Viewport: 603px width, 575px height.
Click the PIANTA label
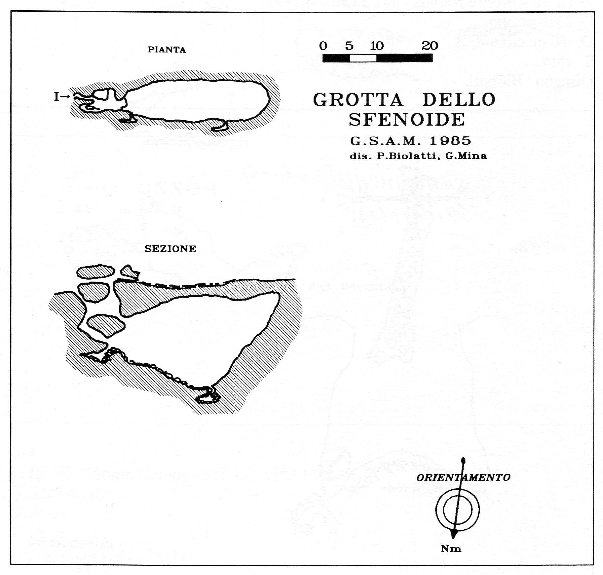pyautogui.click(x=167, y=50)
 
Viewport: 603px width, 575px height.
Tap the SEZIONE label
pyautogui.click(x=170, y=249)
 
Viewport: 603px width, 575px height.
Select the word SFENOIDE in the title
pyautogui.click(x=407, y=120)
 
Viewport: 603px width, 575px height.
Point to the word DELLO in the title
pyautogui.click(x=459, y=100)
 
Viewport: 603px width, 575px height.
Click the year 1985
pyautogui.click(x=451, y=141)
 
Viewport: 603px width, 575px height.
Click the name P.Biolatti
pyautogui.click(x=408, y=156)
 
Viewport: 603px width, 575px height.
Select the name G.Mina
pyautogui.click(x=466, y=156)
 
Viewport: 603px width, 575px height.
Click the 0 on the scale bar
pyautogui.click(x=323, y=46)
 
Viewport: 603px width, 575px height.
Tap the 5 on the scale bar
pyautogui.click(x=349, y=46)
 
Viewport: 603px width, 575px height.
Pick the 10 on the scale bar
pyautogui.click(x=377, y=46)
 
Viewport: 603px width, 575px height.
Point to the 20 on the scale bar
pyautogui.click(x=430, y=46)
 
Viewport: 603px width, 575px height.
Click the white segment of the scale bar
pyautogui.click(x=363, y=58)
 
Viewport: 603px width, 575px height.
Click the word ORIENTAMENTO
pyautogui.click(x=463, y=477)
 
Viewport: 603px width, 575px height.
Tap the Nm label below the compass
pyautogui.click(x=451, y=549)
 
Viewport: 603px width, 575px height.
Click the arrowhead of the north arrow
pyautogui.click(x=453, y=534)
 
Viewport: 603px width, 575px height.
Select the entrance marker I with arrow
pyautogui.click(x=62, y=97)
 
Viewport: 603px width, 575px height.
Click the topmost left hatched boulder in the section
pyautogui.click(x=95, y=271)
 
